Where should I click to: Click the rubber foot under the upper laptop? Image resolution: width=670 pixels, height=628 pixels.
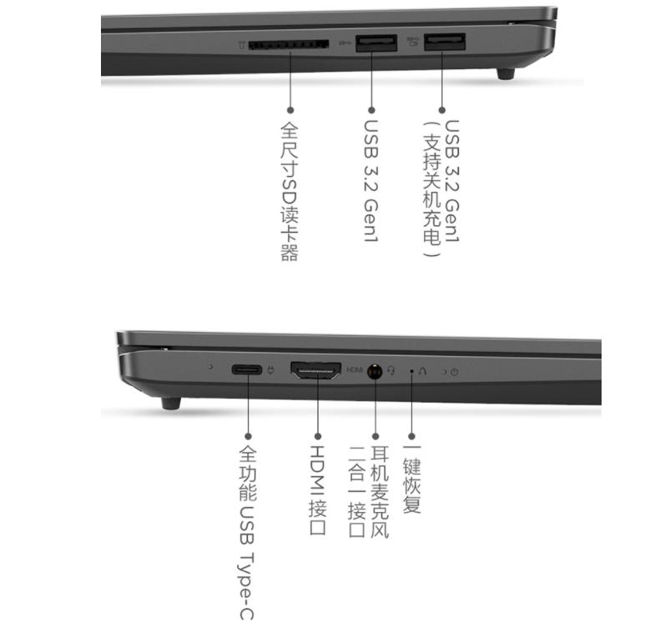click(x=506, y=74)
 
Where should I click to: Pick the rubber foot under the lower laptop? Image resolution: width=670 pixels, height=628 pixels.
click(x=171, y=404)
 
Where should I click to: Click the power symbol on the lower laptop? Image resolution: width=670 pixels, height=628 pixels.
click(x=454, y=372)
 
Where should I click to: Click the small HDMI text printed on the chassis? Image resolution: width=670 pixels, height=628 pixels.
click(x=355, y=369)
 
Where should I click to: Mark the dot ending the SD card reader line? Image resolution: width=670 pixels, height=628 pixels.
click(x=290, y=108)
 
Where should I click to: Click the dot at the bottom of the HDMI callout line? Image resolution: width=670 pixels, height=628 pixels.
click(x=316, y=435)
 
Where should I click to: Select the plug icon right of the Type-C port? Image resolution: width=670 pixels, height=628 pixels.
click(x=270, y=370)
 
